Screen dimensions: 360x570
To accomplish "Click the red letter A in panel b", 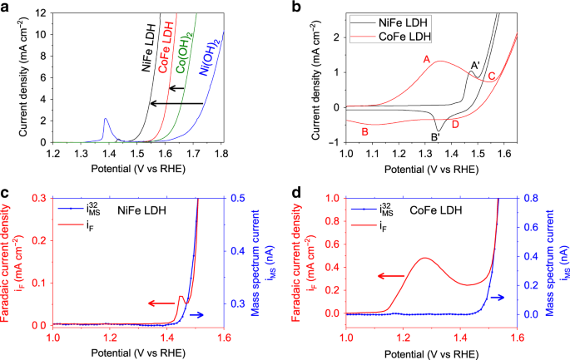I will (427, 59).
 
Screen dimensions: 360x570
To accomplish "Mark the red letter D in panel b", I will (454, 124).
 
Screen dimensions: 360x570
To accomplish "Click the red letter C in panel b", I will (492, 76).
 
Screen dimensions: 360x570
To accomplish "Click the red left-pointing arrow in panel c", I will (163, 303).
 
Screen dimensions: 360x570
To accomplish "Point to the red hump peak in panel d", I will (425, 258).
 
